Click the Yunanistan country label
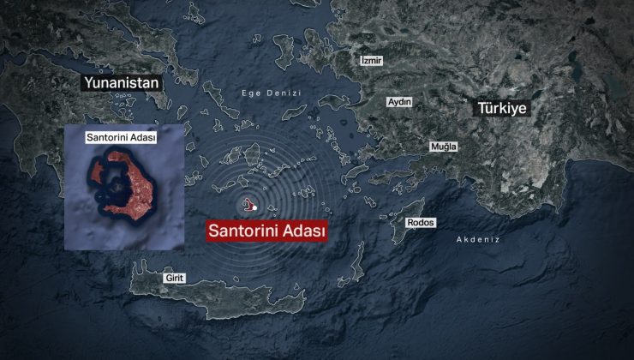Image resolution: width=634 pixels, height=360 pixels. [121, 83]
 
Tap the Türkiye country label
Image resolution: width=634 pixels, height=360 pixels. [501, 109]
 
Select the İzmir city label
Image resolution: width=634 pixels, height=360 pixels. [372, 61]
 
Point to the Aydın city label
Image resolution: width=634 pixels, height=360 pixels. [400, 102]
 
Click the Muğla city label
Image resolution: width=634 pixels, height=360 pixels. [444, 147]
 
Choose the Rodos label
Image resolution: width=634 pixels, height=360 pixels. [421, 223]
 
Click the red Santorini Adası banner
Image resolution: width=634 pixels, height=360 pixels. [265, 231]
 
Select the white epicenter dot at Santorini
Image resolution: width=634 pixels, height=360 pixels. [254, 207]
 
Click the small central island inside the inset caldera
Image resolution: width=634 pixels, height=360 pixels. [115, 184]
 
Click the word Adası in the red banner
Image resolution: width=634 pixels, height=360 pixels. [301, 231]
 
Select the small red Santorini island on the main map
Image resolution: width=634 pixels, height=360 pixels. [248, 204]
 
